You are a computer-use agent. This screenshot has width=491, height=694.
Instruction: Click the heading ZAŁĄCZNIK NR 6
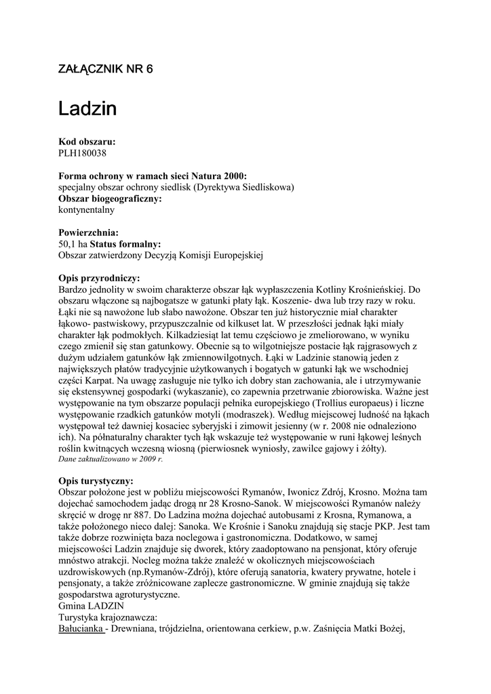tap(106, 70)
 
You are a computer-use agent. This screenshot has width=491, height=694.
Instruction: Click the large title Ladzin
tap(87, 108)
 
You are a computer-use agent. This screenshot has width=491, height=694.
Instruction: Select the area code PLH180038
tap(83, 153)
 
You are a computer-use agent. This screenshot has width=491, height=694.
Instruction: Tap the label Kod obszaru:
tap(87, 142)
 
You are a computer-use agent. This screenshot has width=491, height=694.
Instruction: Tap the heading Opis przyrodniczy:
tap(100, 278)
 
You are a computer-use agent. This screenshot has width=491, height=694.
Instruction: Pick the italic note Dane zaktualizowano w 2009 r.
tap(111, 459)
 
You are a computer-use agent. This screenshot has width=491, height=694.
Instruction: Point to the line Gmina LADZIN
tap(92, 606)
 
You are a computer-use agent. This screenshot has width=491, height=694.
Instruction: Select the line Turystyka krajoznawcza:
tap(109, 617)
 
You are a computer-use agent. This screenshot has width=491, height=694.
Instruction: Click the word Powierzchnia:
tap(89, 232)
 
